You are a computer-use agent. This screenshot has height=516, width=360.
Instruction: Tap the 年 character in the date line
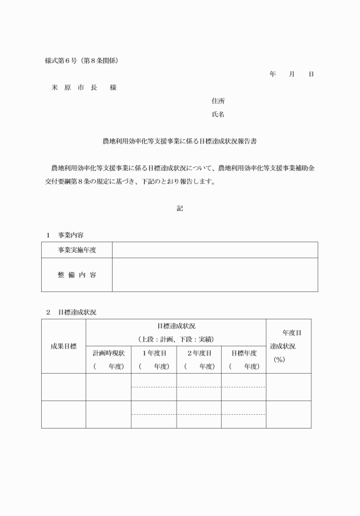(x=273, y=74)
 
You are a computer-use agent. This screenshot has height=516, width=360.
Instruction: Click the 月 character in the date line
(x=291, y=74)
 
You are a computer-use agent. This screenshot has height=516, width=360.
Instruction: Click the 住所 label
(x=218, y=101)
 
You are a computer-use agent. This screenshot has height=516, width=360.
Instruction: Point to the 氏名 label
(x=218, y=114)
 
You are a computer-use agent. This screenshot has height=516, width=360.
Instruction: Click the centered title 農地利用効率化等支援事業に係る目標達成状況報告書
(x=179, y=141)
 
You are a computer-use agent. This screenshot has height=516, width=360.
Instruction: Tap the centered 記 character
(x=179, y=209)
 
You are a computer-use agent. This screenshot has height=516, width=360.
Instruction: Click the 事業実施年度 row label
(x=77, y=250)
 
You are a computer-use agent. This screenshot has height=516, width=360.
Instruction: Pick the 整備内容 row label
(x=77, y=275)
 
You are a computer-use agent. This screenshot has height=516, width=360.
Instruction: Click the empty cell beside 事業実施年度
(x=214, y=250)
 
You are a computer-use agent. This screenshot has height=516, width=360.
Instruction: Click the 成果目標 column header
(x=63, y=346)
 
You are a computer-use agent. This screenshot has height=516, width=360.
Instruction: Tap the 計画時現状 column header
(x=109, y=353)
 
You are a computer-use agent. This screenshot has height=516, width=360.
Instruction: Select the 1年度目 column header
(x=154, y=353)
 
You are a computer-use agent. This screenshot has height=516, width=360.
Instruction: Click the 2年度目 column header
(x=199, y=353)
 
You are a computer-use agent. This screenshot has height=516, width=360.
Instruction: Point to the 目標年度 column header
(x=243, y=353)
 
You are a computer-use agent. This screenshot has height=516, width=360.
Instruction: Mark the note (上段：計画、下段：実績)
(x=176, y=339)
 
